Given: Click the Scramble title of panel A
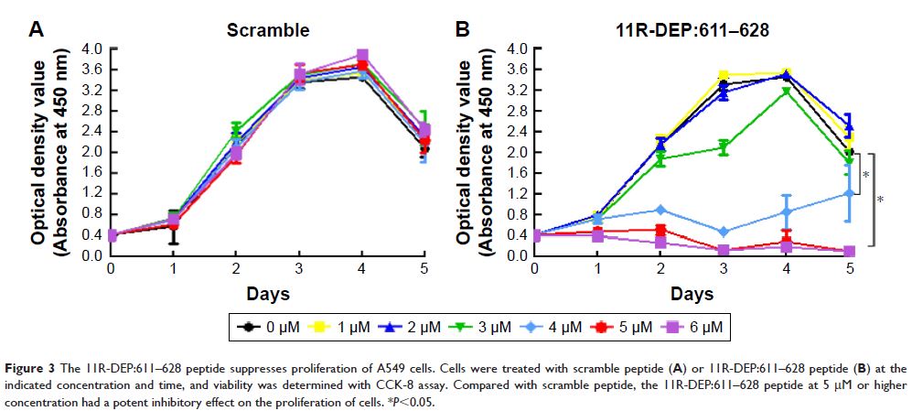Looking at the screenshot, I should click(268, 30).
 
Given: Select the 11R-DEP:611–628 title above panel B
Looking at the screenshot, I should click(691, 30).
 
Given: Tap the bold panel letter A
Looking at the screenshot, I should click(37, 30).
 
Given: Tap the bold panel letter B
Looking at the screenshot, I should click(463, 30).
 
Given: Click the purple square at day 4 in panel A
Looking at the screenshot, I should click(362, 56).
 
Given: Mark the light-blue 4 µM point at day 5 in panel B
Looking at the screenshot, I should click(849, 193).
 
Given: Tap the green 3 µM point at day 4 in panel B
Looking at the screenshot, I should click(787, 92).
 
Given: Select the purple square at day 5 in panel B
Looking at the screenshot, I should click(849, 251).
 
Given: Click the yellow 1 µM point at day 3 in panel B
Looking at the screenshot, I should click(724, 76).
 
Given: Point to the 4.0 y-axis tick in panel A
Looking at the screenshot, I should click(91, 49).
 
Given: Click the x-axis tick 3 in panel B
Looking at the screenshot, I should click(724, 268).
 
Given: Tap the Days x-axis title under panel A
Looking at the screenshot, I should click(268, 293).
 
